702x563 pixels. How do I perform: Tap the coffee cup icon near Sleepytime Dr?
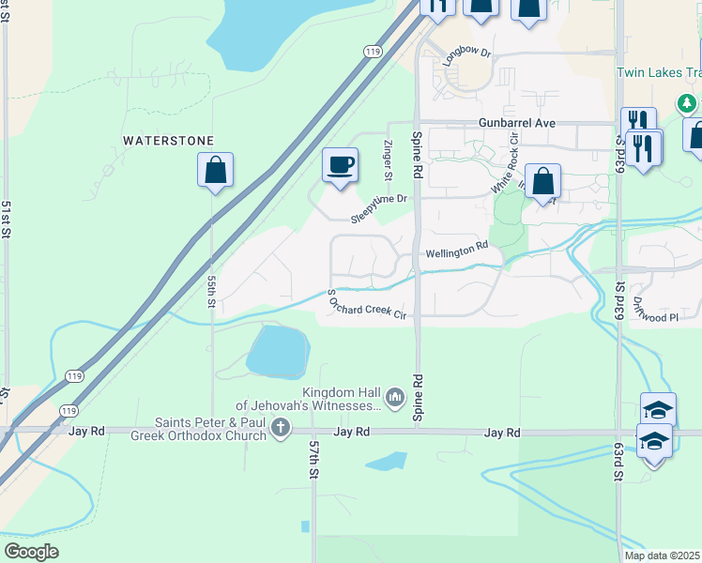pyautogui.click(x=340, y=164)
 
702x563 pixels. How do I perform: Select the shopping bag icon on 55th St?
pyautogui.click(x=215, y=171)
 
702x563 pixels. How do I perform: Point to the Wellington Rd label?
pyautogui.click(x=457, y=251)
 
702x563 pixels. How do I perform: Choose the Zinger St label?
pyautogui.click(x=388, y=158)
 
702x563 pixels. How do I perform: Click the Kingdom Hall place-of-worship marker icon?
pyautogui.click(x=394, y=400)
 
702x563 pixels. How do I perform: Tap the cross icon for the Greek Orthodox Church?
pyautogui.click(x=280, y=429)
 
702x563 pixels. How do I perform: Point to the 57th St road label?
pyautogui.click(x=314, y=461)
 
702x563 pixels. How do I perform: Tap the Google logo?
pyautogui.click(x=32, y=551)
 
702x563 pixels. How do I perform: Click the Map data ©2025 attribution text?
pyautogui.click(x=662, y=555)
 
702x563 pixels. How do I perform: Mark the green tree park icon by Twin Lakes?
pyautogui.click(x=688, y=102)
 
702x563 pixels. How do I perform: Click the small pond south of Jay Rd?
pyautogui.click(x=387, y=462)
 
